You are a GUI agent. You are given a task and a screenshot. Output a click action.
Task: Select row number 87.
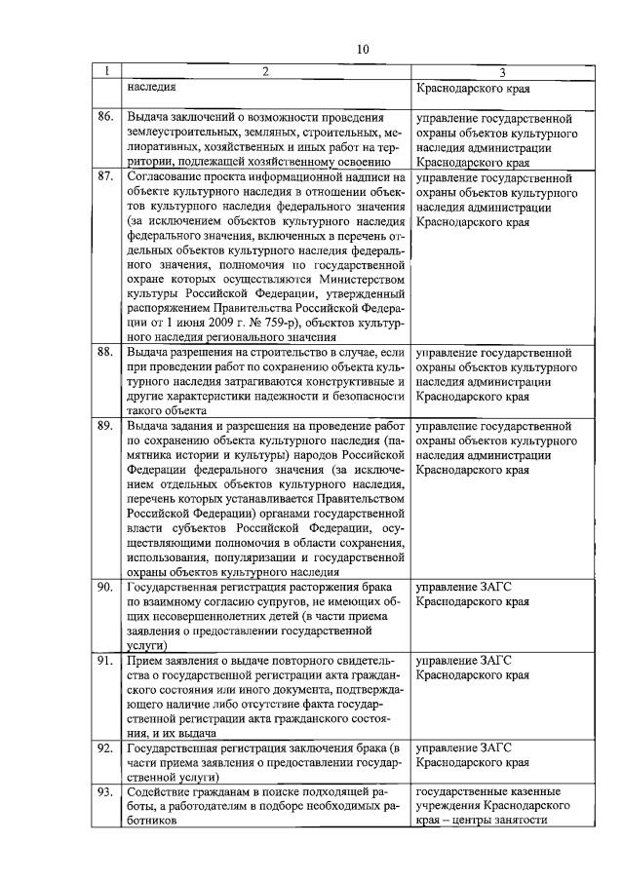105,178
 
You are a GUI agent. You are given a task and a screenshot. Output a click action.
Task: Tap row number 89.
105,426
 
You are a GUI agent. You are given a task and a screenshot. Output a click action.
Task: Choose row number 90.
105,587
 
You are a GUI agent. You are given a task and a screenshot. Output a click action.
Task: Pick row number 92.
105,748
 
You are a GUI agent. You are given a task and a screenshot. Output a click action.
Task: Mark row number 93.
105,792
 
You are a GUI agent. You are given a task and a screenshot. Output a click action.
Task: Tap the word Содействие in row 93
159,792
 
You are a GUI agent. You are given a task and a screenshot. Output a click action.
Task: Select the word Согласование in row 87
166,178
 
